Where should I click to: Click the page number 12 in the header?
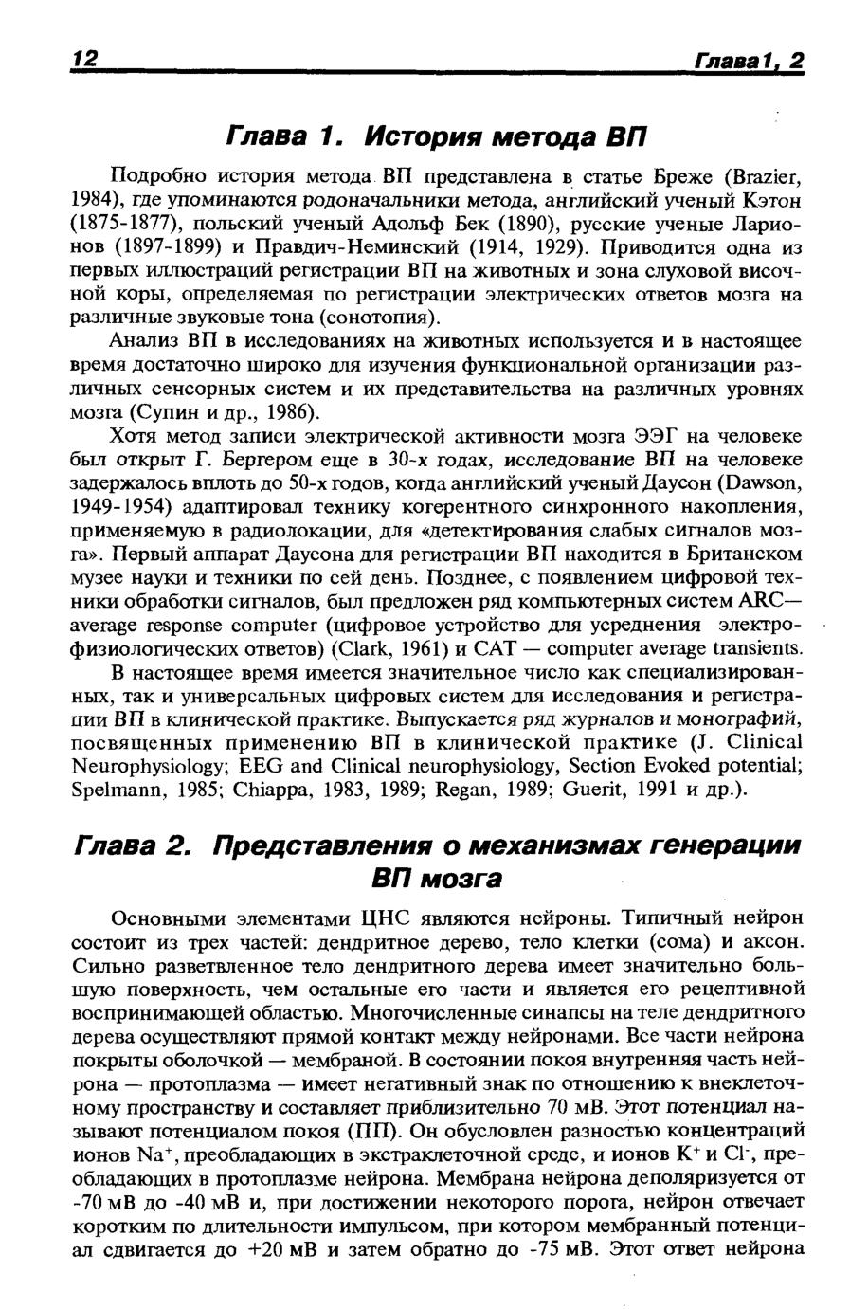point(86,58)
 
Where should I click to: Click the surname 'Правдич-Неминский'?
point(358,249)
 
